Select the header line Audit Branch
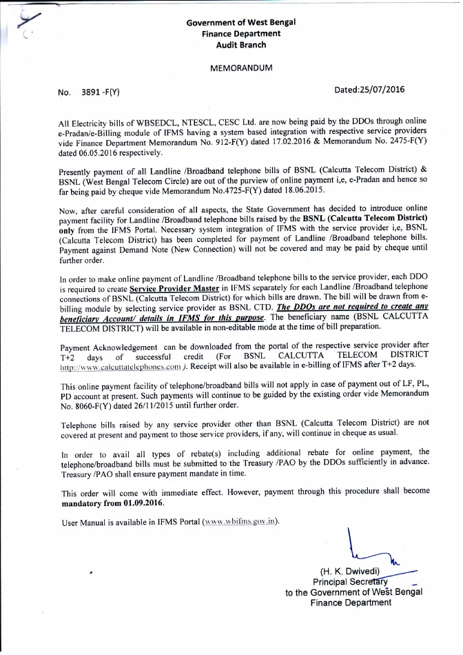pos(240,45)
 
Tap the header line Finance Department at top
pos(240,34)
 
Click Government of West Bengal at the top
pos(240,23)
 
